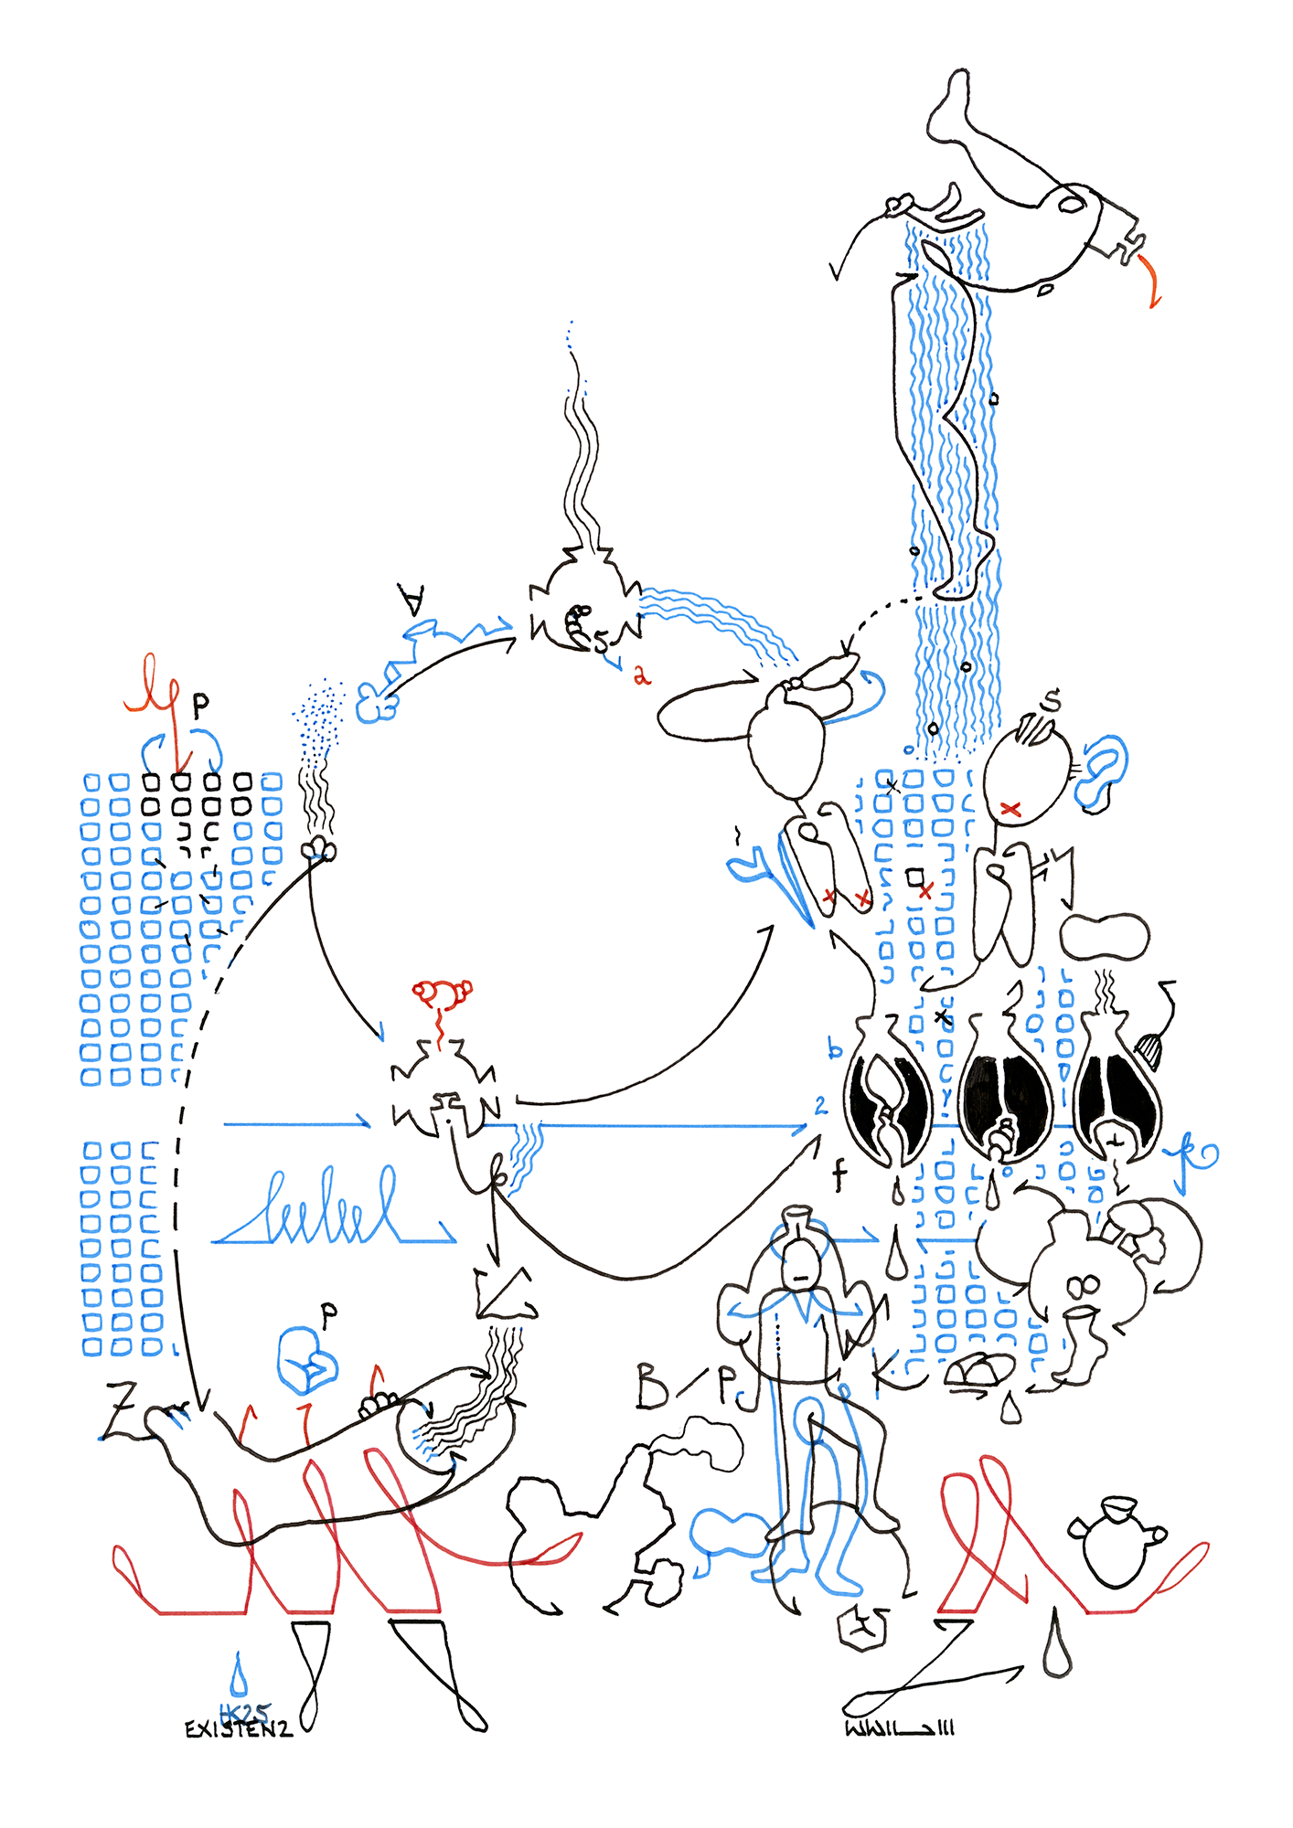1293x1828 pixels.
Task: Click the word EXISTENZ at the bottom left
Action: (x=238, y=1729)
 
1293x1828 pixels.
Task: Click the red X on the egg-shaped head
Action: (x=1010, y=808)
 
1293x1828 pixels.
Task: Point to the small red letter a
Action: (x=641, y=675)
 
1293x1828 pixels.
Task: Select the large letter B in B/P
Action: (x=652, y=1386)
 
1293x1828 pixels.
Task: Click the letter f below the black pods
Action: (x=839, y=1174)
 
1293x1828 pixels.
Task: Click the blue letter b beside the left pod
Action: (x=834, y=1047)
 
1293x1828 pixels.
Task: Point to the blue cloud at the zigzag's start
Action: (x=376, y=705)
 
